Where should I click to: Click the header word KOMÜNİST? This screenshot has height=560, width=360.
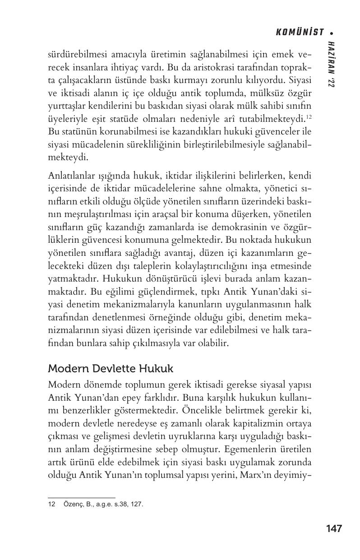299,32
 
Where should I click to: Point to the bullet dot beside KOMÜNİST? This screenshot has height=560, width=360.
332,33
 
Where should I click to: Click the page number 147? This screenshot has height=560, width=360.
333,528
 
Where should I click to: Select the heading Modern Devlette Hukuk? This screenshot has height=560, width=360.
110,369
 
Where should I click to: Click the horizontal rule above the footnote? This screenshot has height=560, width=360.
81,497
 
